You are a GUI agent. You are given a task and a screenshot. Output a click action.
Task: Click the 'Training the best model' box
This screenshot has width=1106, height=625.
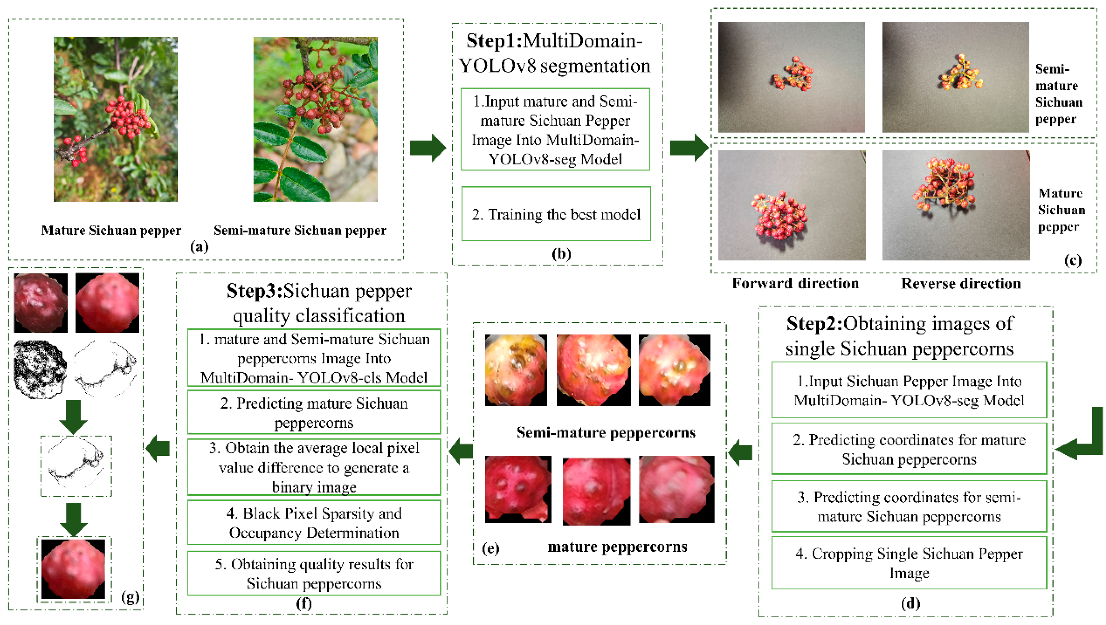pyautogui.click(x=556, y=214)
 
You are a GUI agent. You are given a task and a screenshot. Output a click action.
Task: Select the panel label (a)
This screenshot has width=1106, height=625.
pyautogui.click(x=199, y=246)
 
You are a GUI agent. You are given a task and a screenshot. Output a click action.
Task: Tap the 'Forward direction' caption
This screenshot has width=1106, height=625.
pyautogui.click(x=795, y=283)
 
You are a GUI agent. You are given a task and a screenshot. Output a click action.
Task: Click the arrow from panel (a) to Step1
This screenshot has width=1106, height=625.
pyautogui.click(x=427, y=148)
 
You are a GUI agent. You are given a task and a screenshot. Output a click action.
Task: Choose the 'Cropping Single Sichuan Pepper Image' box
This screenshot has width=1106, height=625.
pyautogui.click(x=909, y=563)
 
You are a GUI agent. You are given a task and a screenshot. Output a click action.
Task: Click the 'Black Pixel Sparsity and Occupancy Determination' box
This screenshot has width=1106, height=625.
pyautogui.click(x=314, y=523)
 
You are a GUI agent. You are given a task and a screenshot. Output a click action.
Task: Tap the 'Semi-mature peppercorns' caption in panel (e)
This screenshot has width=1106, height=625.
pyautogui.click(x=606, y=432)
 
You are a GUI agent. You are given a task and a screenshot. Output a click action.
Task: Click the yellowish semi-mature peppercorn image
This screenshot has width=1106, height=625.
pyautogui.click(x=516, y=370)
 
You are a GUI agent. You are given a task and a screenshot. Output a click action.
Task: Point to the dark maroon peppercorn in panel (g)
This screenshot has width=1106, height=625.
pyautogui.click(x=40, y=303)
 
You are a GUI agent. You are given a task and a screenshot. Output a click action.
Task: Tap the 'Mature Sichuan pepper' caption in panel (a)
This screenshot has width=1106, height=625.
pyautogui.click(x=111, y=231)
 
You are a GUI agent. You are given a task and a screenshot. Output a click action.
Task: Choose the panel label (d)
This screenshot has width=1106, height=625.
pyautogui.click(x=910, y=603)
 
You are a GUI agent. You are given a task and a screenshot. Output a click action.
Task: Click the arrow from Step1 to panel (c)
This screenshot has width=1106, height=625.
pyautogui.click(x=689, y=148)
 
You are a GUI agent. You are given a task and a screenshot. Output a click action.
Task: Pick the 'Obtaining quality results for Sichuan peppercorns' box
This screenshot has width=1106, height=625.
pyautogui.click(x=314, y=573)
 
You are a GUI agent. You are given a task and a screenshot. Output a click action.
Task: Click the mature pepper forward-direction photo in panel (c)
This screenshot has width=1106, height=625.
pyautogui.click(x=792, y=205)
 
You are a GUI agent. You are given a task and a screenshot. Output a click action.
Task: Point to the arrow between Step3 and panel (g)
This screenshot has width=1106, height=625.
pyautogui.click(x=158, y=449)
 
